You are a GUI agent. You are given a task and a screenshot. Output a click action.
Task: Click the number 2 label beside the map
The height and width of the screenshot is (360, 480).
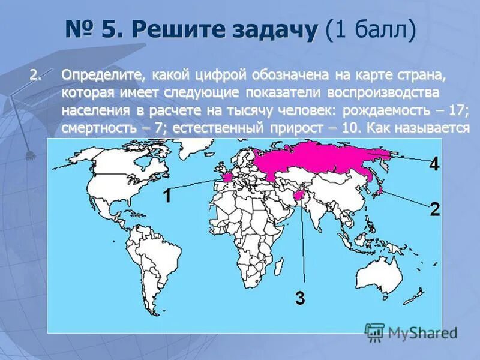coord(435,209)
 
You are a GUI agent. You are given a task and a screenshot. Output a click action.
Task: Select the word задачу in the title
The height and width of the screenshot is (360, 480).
coord(269,29)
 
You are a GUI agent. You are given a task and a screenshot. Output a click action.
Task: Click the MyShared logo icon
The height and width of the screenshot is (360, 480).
coord(374,332)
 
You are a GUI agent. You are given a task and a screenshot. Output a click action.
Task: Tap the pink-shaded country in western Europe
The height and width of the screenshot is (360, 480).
coord(226,178)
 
